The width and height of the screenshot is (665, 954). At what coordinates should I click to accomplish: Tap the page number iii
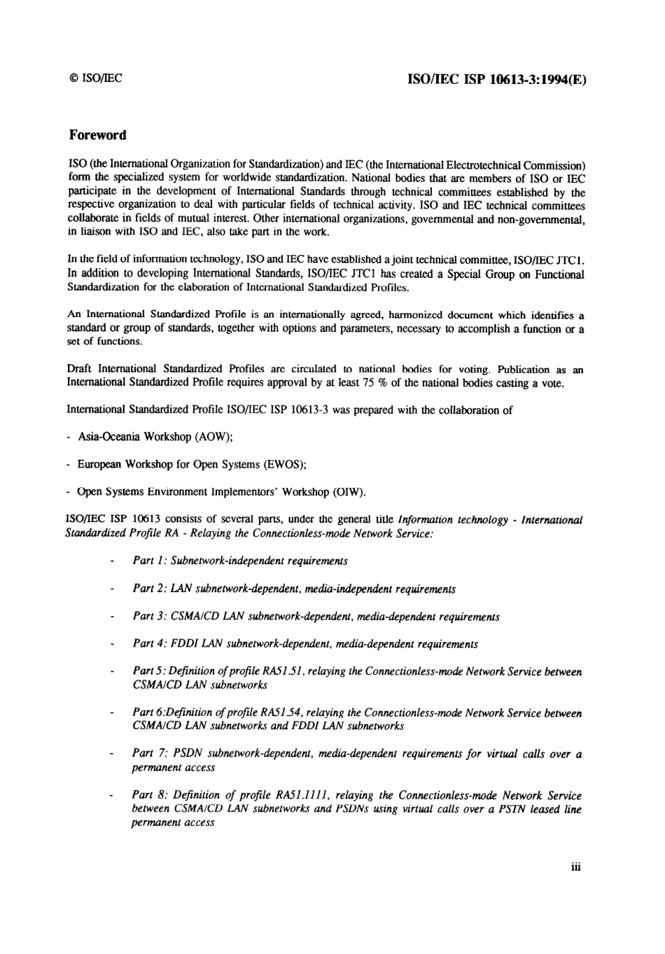tap(576, 867)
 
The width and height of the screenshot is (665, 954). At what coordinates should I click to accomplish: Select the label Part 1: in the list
tap(149, 561)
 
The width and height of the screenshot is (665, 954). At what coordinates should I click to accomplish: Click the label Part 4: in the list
tap(149, 644)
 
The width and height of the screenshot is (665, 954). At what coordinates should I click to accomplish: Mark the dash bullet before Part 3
tap(112, 617)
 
